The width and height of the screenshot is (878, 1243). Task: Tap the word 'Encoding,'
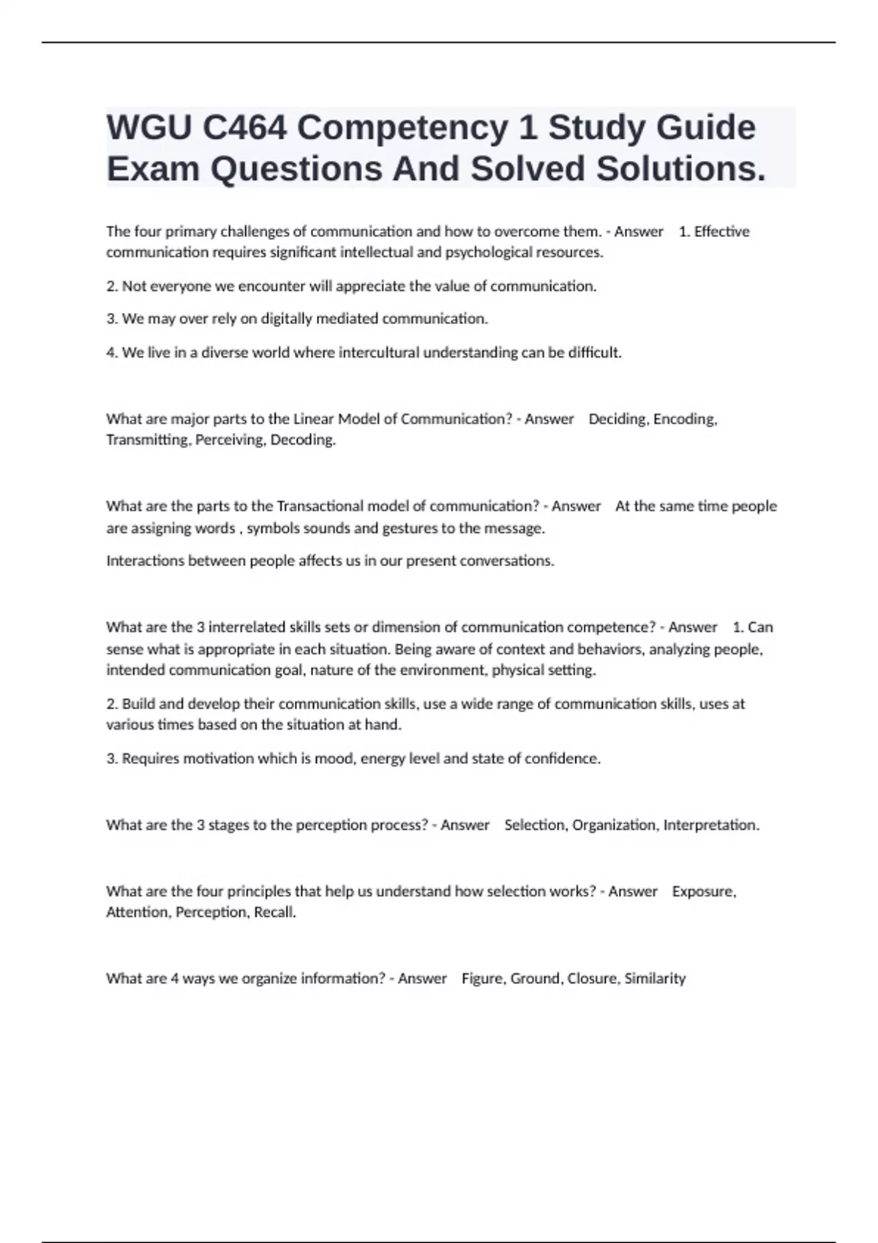click(x=685, y=420)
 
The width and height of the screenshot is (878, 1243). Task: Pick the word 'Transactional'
click(x=320, y=507)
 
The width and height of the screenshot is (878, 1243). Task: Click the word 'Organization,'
click(x=615, y=825)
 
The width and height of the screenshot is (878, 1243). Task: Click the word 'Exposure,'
click(x=704, y=892)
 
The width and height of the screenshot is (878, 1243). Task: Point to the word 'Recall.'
click(x=275, y=913)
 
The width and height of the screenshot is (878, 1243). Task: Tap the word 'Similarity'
click(x=655, y=979)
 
